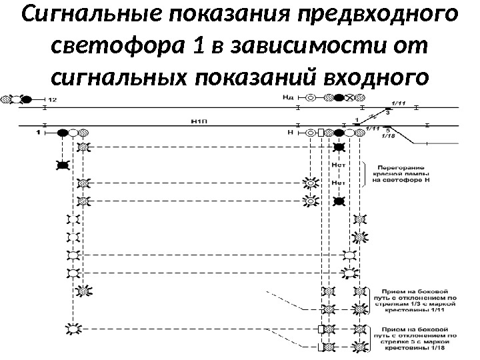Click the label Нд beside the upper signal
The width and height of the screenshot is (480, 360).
click(288, 97)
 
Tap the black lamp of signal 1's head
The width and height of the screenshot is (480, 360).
click(63, 133)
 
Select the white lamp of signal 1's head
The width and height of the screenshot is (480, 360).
click(73, 133)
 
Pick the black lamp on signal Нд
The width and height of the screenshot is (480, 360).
click(339, 98)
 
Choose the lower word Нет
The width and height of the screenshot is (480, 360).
click(338, 182)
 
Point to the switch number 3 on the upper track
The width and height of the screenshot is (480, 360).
click(387, 113)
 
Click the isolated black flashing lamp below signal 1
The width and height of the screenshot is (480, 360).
click(63, 165)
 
